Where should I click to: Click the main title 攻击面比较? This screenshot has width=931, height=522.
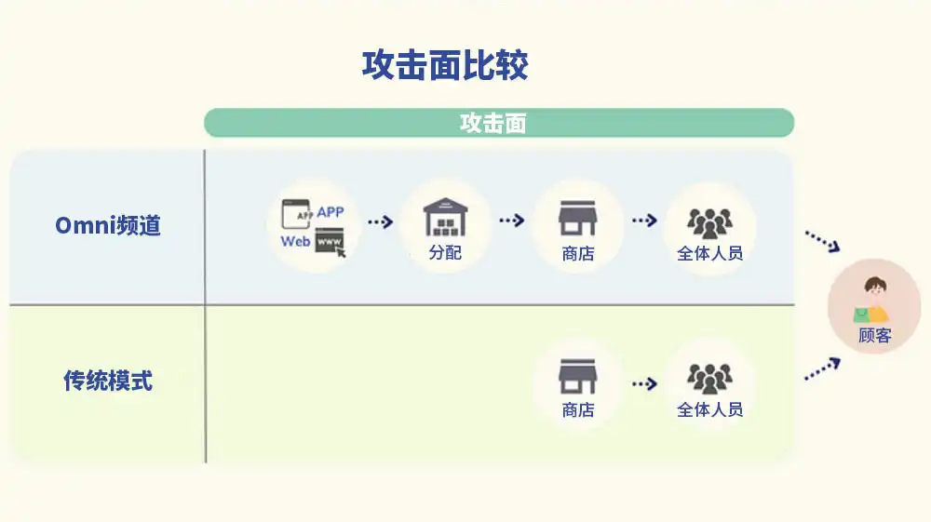pos(445,65)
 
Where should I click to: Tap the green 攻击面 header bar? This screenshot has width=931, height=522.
pos(499,123)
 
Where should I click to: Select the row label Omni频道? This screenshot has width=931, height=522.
pos(108,225)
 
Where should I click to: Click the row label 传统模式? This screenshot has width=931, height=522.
pos(108,381)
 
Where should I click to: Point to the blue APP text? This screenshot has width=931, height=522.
pos(331,212)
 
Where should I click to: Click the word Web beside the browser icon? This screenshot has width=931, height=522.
pos(295,241)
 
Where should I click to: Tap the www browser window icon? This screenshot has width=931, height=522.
pos(331,243)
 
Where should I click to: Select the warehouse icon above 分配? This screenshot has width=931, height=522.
pos(445,217)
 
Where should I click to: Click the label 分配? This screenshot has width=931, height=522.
pos(445,253)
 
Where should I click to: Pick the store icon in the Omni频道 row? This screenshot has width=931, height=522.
pos(578,218)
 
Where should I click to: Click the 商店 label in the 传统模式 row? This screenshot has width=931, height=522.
pos(578,410)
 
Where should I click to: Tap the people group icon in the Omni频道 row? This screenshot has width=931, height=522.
pos(709,223)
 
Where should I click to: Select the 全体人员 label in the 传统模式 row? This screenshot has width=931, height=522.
pos(710,409)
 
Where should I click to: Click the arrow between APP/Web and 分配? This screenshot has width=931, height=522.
pos(380,221)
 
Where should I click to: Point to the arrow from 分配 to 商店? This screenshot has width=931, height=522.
pos(512,221)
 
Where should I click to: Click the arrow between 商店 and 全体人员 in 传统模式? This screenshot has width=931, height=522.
pos(644,383)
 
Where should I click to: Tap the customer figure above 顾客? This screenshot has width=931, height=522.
pos(871,301)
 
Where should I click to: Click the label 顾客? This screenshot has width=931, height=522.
pos(874,336)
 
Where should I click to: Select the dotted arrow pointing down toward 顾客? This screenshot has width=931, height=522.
pos(822,241)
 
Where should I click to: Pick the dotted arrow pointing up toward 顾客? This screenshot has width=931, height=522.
pos(822,369)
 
